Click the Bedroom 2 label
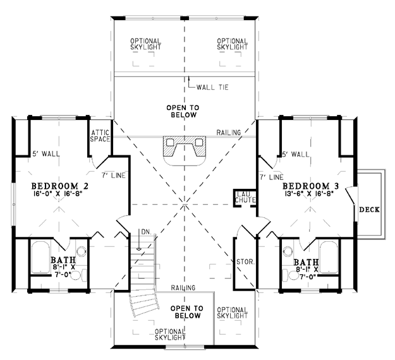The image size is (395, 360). click(60, 186)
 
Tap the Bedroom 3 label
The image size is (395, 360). click(310, 186)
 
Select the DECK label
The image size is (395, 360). click(370, 210)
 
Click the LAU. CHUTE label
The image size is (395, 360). click(245, 196)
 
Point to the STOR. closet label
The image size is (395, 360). click(246, 262)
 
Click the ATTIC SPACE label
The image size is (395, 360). click(100, 136)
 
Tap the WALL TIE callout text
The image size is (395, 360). click(212, 87)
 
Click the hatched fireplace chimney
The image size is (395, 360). click(185, 146)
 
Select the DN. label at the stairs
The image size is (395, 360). click(147, 232)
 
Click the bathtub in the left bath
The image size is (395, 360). click(40, 257)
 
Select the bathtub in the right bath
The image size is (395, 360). click(329, 257)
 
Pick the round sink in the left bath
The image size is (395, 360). click(82, 251)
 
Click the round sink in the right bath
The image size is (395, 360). click(288, 251)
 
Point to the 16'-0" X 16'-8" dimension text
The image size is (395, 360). click(60, 194)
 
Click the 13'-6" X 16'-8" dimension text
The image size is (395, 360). click(311, 194)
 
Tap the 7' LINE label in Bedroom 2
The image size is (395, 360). click(114, 176)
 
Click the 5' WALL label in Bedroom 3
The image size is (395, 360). click(296, 154)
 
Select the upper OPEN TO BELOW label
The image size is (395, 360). click(183, 111)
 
